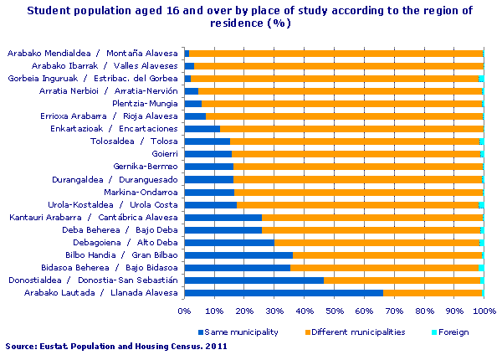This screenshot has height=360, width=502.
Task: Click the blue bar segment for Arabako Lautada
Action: coord(284,292)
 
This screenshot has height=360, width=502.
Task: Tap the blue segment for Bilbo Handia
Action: coord(238,255)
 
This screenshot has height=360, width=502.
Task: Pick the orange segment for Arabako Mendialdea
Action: coord(335,54)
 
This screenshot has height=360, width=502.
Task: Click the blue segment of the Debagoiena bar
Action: coord(229,242)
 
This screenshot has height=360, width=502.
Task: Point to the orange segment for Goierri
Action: coord(356,154)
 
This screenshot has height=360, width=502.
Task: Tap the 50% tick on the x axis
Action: coord(334,310)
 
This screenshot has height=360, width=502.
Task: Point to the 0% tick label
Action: coord(184,310)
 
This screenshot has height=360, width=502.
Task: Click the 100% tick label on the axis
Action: coord(483,310)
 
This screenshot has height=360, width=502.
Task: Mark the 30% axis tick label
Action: coord(274,310)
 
